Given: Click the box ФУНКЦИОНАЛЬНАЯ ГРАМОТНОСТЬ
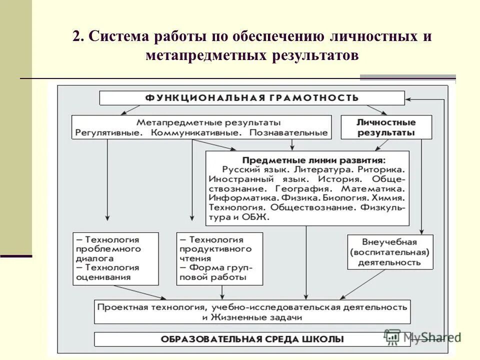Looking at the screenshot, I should [252, 97].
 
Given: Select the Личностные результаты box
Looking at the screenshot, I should [386, 127].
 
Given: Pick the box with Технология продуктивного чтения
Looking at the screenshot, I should [215, 257].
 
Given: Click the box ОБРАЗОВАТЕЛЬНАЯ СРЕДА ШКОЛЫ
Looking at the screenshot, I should [252, 339].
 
